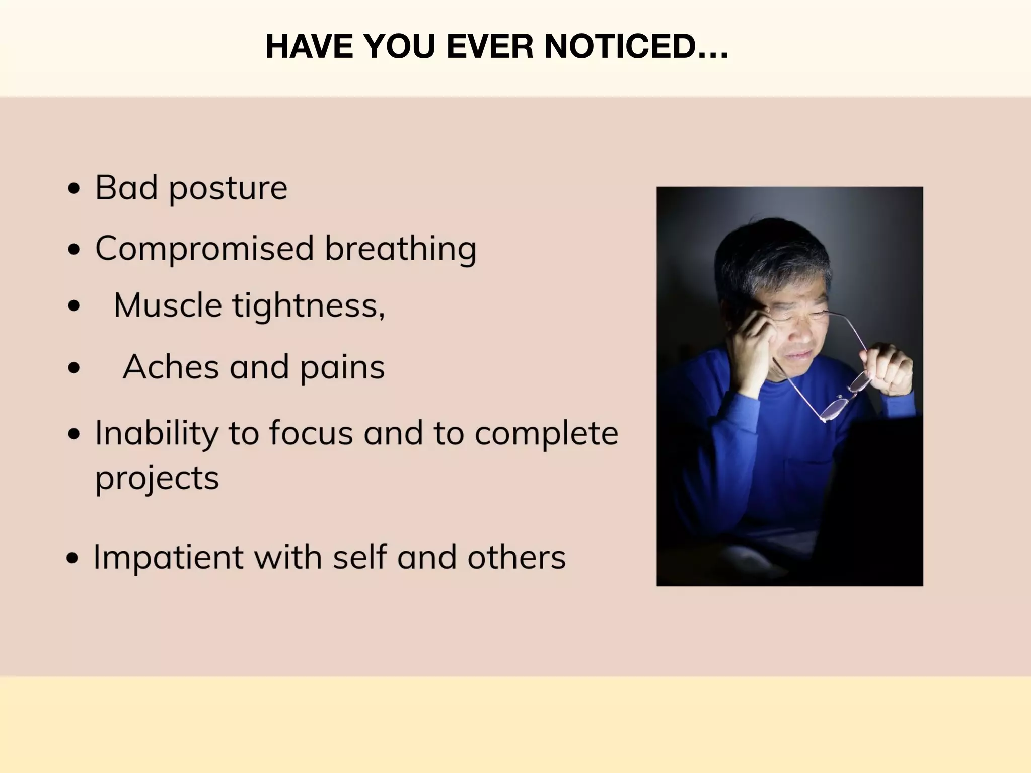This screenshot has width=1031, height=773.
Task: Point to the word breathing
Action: (400, 249)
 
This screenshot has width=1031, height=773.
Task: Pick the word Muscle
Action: (168, 305)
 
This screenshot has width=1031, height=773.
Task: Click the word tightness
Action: (308, 305)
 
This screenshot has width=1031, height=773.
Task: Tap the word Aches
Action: (171, 367)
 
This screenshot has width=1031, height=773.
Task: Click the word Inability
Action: (157, 433)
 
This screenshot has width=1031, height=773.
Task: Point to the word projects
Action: (157, 478)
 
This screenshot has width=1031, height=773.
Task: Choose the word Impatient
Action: (168, 558)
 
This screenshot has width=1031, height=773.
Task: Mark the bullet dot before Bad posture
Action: (74, 189)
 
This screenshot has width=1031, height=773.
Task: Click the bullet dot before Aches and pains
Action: (74, 368)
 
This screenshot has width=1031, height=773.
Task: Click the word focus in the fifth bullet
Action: (311, 433)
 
